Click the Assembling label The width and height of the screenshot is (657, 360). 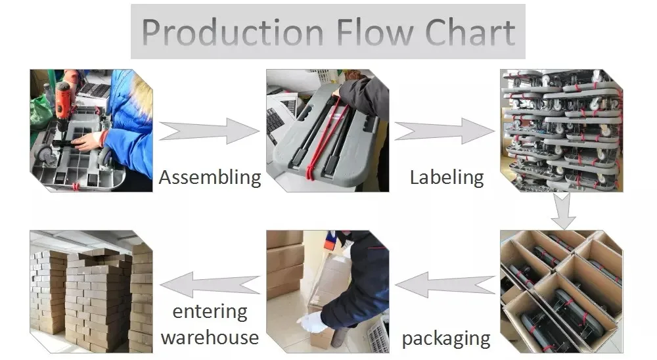coord(210,177)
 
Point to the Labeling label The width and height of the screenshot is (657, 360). coord(447,177)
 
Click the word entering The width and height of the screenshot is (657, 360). coord(210,311)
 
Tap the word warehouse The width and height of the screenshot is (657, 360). coord(210,337)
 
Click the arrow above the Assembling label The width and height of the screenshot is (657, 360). coord(209,131)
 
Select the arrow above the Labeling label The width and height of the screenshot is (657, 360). coord(444,131)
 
